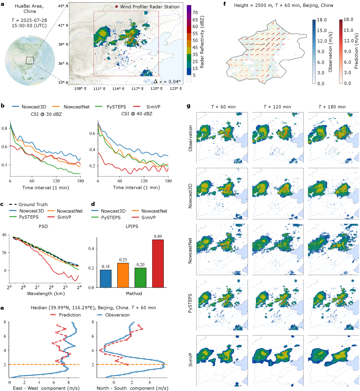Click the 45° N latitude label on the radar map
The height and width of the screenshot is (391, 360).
[x=63, y=6]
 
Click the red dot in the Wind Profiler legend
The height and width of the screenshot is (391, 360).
[x=116, y=7]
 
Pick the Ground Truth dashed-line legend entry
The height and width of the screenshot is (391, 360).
[x=33, y=204]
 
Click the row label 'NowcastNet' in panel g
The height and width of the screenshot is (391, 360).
[x=190, y=250]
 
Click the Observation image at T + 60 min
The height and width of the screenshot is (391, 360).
[x=222, y=137]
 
